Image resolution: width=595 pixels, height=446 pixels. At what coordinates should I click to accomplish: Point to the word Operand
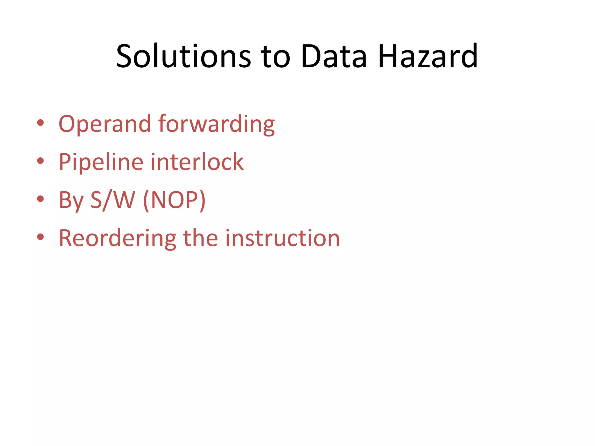pos(105,124)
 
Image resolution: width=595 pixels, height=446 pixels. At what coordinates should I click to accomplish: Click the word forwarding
pos(216,124)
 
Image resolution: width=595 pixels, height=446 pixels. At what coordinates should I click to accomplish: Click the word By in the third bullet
pos(71,200)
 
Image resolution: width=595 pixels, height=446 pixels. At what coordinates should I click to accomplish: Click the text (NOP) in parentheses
pos(174,200)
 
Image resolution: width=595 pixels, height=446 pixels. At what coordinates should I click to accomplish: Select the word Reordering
pos(117,238)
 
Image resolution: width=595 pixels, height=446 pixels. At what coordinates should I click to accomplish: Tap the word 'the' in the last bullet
pos(200,238)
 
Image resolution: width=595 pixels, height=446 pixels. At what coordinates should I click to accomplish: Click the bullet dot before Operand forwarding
pos(40,123)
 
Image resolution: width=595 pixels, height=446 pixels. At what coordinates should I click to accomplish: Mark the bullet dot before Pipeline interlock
pos(40,161)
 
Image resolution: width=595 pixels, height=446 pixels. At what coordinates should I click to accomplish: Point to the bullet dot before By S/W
pos(40,199)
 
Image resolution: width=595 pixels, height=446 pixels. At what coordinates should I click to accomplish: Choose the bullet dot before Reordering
pos(40,237)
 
